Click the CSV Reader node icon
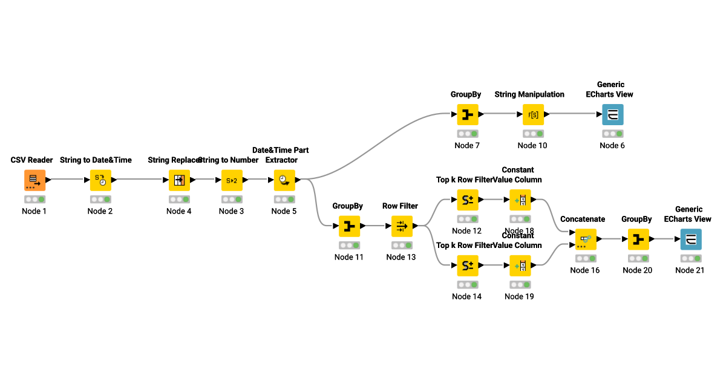(34, 180)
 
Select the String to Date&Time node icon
(100, 180)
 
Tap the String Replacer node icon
(179, 180)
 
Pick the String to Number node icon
(231, 180)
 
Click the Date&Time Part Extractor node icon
(284, 180)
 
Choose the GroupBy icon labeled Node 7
(467, 114)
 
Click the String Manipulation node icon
(533, 114)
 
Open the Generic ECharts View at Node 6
(612, 114)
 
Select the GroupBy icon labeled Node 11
(349, 226)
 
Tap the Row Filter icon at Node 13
(402, 226)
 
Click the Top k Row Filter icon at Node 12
(467, 200)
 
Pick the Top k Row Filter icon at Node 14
(467, 265)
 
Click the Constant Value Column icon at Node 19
(520, 265)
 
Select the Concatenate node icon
(586, 239)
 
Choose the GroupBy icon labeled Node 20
(638, 239)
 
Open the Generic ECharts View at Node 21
(690, 239)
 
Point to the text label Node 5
(284, 211)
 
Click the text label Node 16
(585, 270)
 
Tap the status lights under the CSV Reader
(34, 199)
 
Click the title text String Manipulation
(529, 94)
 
